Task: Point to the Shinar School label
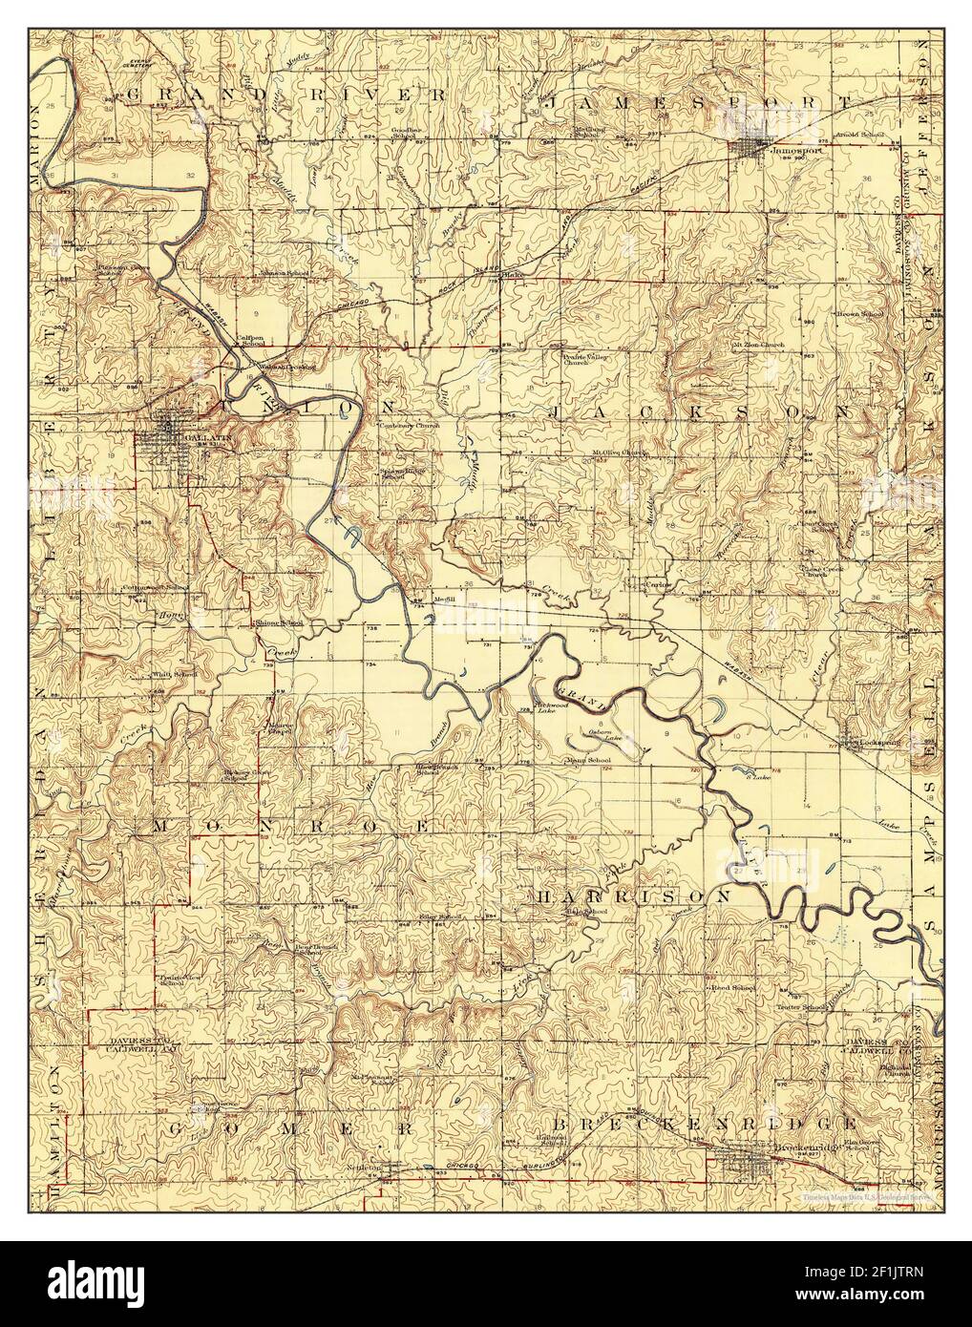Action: coord(278,621)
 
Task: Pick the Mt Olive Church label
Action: coord(619,453)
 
